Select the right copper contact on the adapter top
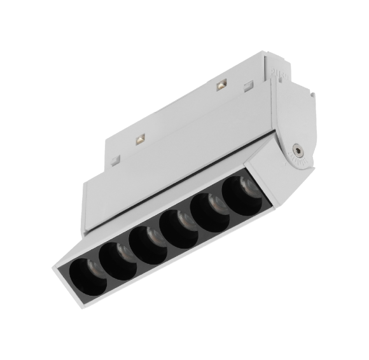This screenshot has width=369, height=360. [222, 84]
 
